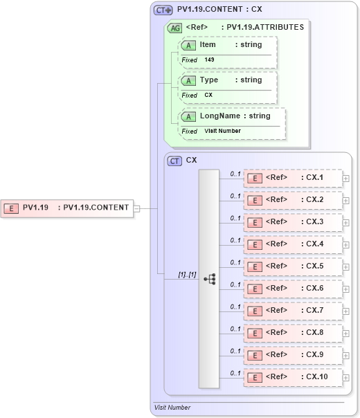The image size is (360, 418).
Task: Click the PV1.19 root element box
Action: (x=66, y=207)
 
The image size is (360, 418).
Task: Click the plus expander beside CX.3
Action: (x=345, y=223)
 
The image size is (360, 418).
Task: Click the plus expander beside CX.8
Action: (x=345, y=334)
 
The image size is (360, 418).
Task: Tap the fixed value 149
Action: (x=209, y=60)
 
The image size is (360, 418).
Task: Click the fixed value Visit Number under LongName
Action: (x=222, y=131)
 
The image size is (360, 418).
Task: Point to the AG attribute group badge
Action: (x=175, y=28)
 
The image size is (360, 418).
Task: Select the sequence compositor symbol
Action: (x=209, y=278)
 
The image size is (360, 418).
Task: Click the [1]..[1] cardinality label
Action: (x=187, y=275)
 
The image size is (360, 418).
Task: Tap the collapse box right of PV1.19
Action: (x=136, y=208)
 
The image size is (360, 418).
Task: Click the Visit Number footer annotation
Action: (x=172, y=408)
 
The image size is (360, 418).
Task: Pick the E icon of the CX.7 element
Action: (x=254, y=311)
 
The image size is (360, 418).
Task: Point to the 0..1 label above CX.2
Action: (x=235, y=196)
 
